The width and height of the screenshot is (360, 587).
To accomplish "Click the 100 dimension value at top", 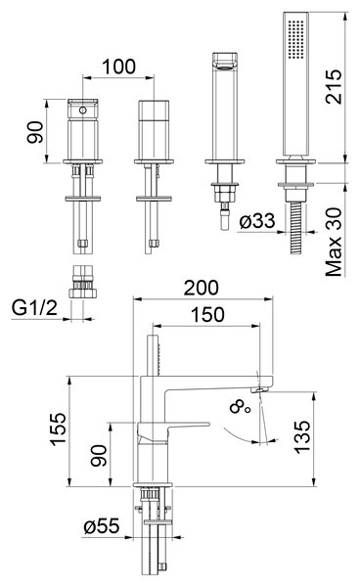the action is (118, 67).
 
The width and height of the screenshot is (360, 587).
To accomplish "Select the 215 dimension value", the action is (334, 86).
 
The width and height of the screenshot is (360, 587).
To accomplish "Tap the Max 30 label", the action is (334, 243).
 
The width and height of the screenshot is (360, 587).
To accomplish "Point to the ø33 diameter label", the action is (257, 221).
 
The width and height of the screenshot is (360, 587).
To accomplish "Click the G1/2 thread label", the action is (34, 308).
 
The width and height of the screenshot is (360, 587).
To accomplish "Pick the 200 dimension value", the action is (201, 288).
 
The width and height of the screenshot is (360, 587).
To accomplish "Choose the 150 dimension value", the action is (207, 315).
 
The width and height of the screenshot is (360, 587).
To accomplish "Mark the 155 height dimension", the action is (58, 429).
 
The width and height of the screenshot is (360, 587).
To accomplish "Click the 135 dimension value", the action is (302, 437).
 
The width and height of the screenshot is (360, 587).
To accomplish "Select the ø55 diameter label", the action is (102, 526).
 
